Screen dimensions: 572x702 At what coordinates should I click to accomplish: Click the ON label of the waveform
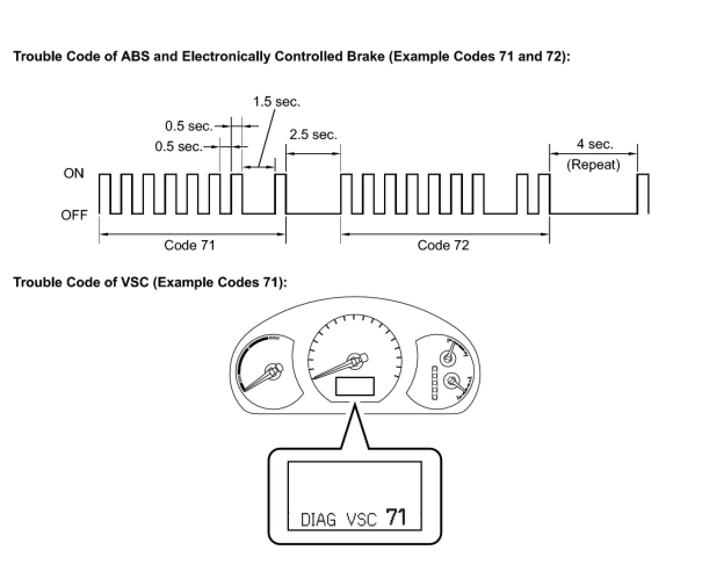click(74, 173)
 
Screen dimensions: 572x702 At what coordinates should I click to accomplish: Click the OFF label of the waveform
click(74, 215)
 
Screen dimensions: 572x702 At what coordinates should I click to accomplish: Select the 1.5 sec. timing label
click(276, 102)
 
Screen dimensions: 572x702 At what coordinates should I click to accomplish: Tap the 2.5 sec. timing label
click(313, 135)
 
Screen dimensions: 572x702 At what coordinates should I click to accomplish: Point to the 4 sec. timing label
click(594, 144)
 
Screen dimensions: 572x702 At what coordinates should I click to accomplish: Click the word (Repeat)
click(593, 165)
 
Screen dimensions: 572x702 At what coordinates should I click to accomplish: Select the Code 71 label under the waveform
click(189, 245)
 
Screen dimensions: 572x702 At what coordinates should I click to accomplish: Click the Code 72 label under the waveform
click(443, 245)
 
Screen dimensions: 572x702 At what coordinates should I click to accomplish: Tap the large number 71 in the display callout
click(396, 517)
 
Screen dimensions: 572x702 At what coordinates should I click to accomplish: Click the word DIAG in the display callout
click(319, 520)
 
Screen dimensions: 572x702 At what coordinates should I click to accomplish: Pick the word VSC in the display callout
click(361, 520)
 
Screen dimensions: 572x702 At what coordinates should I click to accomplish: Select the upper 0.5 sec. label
click(189, 125)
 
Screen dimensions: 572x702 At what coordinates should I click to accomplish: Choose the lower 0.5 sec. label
click(179, 146)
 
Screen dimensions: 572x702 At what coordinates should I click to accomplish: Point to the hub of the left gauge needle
click(272, 370)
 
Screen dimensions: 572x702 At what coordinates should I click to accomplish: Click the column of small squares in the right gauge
click(434, 383)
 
